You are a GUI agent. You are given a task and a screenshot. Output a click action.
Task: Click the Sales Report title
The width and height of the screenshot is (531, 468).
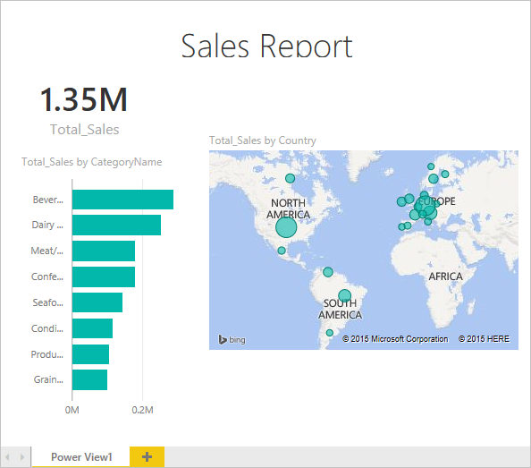coord(266,45)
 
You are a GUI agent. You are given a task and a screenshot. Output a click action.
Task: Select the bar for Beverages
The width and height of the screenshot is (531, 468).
coord(122,200)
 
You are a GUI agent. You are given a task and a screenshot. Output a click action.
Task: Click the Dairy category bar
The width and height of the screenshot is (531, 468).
coord(116,225)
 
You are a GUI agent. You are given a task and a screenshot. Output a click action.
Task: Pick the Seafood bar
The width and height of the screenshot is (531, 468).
coord(97,302)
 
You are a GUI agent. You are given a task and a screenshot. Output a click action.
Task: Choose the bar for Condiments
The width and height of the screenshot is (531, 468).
coord(92,328)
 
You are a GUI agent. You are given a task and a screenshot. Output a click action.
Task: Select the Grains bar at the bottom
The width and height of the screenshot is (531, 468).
coord(89,379)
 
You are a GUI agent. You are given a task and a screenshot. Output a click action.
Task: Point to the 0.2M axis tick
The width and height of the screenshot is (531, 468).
coord(143,410)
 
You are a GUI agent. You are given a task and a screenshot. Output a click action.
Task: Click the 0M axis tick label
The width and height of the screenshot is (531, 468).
coord(72,410)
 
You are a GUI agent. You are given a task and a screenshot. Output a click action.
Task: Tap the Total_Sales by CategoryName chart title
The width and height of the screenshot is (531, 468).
coord(91,162)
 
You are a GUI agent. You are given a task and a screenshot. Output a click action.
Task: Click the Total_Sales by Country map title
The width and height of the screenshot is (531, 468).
coord(263,140)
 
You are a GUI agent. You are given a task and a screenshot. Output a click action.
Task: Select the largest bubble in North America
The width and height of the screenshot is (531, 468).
coord(285,227)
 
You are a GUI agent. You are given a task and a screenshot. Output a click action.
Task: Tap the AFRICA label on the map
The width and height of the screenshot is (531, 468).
coord(445,277)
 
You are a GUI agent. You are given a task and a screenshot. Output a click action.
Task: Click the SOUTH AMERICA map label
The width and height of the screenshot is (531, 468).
coord(340,309)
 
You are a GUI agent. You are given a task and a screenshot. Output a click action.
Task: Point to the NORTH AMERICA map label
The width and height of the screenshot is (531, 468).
coord(289,208)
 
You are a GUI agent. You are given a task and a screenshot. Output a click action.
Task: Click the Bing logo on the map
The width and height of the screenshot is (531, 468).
coord(232,339)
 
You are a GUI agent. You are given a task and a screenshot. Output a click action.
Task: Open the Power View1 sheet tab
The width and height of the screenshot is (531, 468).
coord(81,457)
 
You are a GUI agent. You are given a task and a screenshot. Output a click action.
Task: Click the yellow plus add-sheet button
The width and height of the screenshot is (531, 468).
coord(147,457)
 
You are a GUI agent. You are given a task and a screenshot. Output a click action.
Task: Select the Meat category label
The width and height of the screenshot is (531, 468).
coord(47,251)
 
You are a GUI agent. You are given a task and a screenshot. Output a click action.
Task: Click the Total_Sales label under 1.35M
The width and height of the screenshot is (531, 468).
coord(84,129)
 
